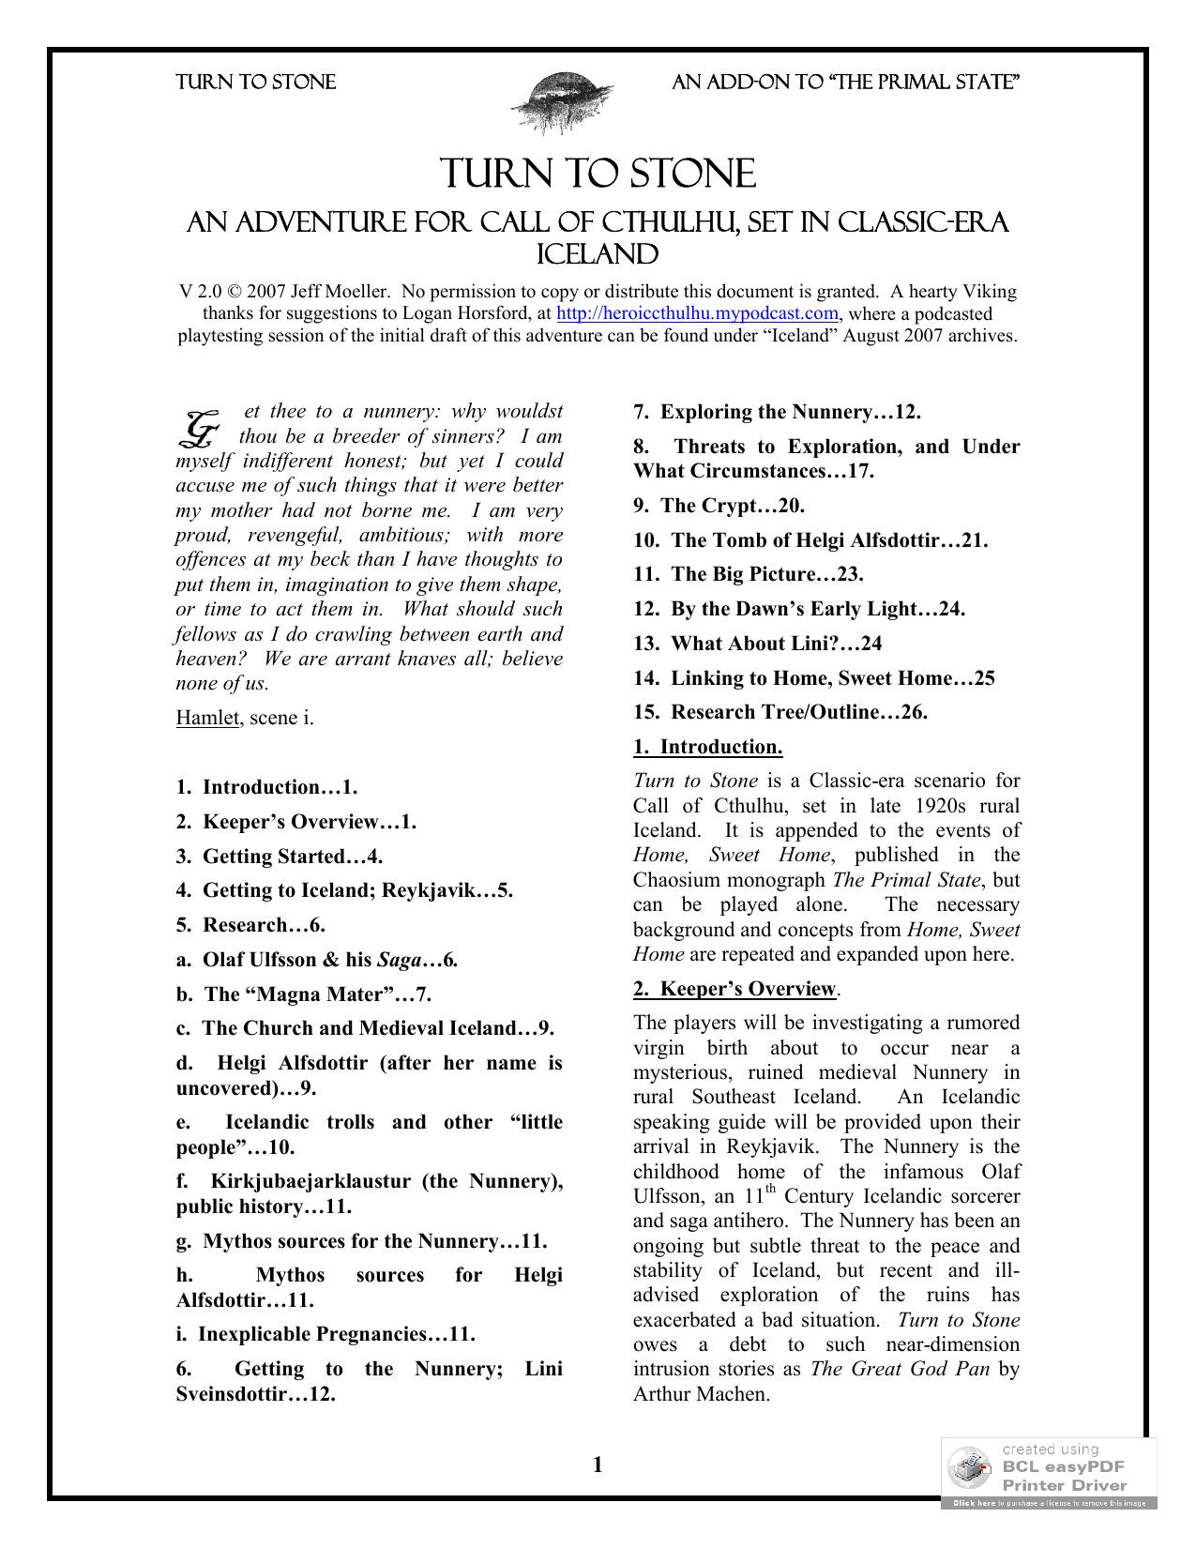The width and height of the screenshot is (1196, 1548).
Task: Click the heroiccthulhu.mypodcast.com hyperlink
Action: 697,313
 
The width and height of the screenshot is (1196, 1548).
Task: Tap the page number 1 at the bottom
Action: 598,1465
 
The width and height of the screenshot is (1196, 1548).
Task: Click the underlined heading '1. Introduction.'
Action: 707,747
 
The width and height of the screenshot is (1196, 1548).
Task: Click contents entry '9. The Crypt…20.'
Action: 719,506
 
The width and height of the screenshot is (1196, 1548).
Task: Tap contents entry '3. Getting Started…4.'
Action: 279,857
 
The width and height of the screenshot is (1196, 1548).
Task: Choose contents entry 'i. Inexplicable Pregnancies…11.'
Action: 325,1334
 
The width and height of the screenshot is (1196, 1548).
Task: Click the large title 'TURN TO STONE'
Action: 598,175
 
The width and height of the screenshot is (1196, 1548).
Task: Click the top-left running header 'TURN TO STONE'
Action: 255,83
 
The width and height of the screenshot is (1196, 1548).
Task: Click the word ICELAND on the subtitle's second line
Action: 597,254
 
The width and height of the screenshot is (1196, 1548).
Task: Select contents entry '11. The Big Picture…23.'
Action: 748,574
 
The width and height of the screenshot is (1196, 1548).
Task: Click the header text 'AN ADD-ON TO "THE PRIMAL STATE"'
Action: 846,83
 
